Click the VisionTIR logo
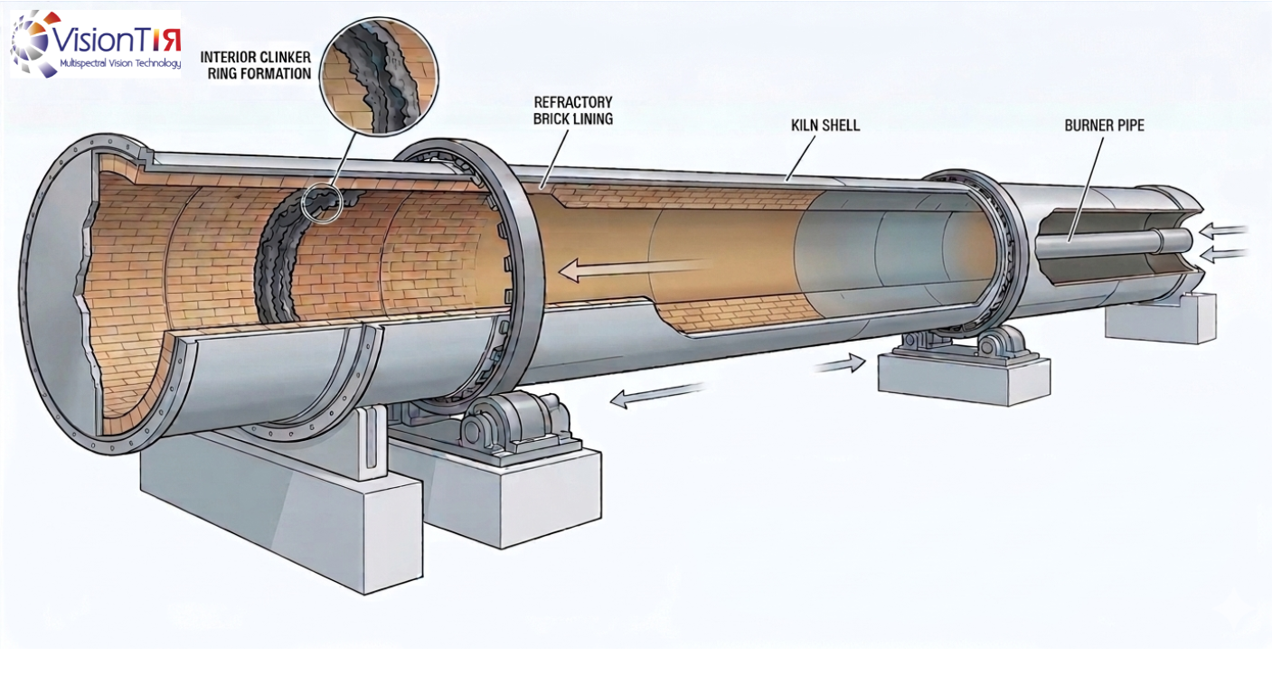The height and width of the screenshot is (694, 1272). click(95, 43)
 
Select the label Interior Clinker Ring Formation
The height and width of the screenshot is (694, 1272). click(256, 66)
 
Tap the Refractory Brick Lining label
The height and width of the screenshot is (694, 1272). click(572, 110)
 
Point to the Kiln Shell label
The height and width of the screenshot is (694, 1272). click(825, 126)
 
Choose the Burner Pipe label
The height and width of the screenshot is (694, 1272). click(1104, 126)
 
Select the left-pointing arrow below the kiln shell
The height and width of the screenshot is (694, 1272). click(656, 394)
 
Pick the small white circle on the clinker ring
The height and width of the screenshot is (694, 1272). click(322, 203)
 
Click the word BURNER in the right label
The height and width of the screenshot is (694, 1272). click(1086, 126)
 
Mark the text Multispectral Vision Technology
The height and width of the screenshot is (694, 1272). click(119, 64)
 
